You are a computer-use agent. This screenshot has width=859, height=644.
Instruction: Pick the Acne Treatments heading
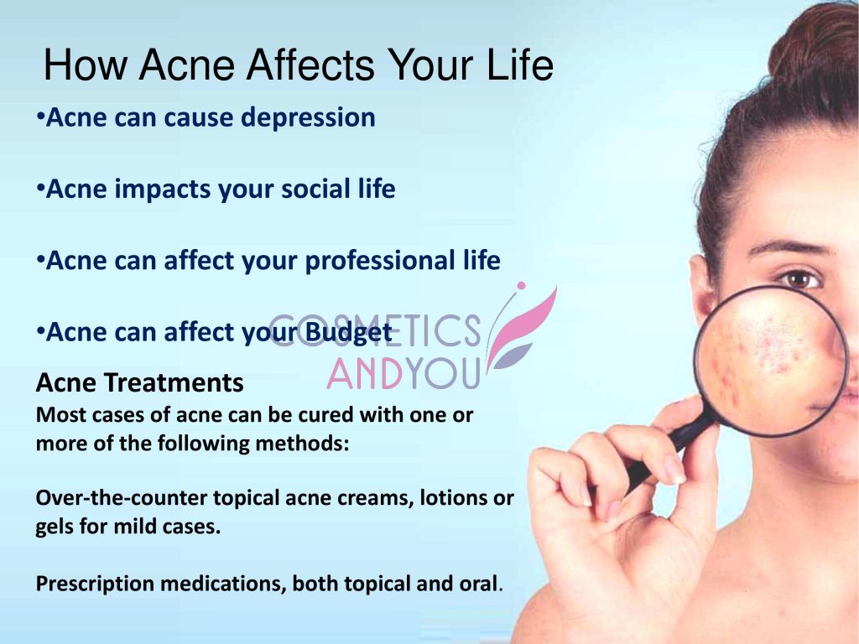(x=139, y=383)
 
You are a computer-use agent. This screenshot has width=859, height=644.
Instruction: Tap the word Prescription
(x=92, y=584)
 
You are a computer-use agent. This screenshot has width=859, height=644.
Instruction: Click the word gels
(x=57, y=529)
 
